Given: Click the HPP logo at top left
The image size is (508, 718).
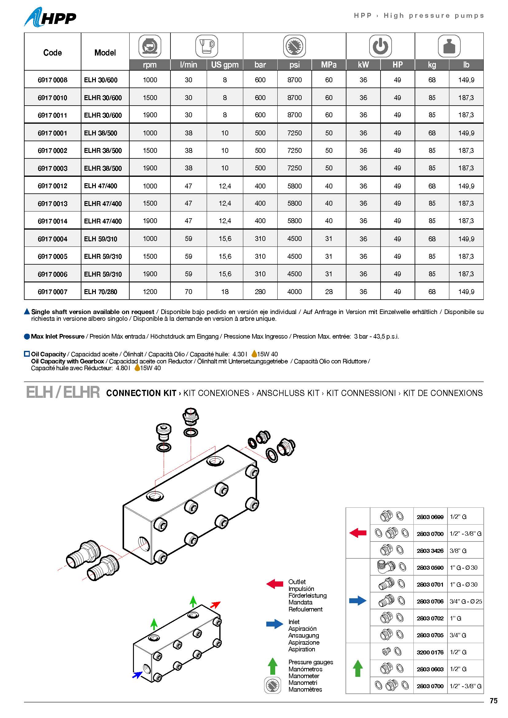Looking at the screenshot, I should pos(50,17).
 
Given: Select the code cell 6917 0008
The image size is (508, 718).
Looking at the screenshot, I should pos(52,80).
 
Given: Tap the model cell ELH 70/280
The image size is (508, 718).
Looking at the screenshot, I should pos(100,292).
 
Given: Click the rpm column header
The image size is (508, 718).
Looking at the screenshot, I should pos(150,65).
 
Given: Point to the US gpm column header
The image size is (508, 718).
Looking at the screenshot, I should pos(225,65).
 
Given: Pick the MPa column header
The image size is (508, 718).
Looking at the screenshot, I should pos(329,65).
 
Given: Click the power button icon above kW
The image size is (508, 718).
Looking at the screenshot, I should pos(380,46).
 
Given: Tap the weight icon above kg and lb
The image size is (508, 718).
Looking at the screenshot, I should pos(449,46).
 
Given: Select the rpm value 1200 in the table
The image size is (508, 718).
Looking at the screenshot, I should pos(150,292).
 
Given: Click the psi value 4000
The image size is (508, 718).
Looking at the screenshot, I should pos(294,292).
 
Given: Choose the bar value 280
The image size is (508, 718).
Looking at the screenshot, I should pos(260,292).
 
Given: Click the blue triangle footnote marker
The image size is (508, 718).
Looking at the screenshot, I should pos(27,312).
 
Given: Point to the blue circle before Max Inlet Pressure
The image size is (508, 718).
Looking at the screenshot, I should pos(27,337).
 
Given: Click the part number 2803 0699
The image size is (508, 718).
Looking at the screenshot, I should pos(430,517).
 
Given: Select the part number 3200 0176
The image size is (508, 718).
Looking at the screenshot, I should pos(430,652).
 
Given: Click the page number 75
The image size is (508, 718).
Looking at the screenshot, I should pos(493,701).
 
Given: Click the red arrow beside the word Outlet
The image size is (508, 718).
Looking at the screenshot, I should pos(274,584).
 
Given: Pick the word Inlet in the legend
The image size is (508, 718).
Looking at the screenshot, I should pos(294,622).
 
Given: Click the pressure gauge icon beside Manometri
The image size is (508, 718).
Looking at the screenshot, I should pos(272,686).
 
